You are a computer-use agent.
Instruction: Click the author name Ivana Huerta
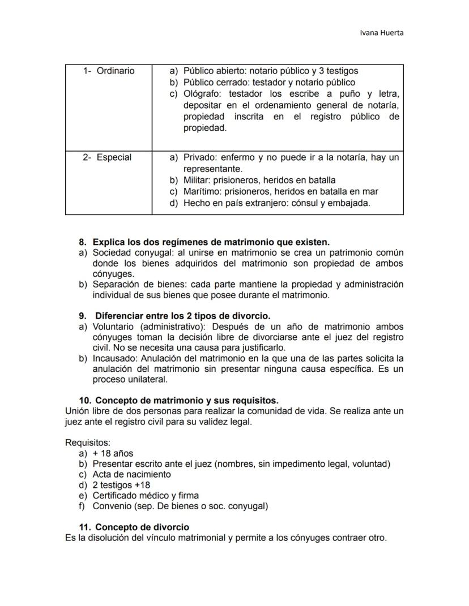point(382,32)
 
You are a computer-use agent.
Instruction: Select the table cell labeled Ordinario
point(108,71)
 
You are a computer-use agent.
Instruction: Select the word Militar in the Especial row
point(198,180)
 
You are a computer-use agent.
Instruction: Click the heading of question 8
point(211,242)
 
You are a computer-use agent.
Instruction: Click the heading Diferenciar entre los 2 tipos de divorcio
point(182,316)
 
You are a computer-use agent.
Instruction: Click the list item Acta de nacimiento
point(131,475)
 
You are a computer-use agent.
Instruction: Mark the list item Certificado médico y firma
point(146,496)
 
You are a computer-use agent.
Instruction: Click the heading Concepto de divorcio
point(142,527)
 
